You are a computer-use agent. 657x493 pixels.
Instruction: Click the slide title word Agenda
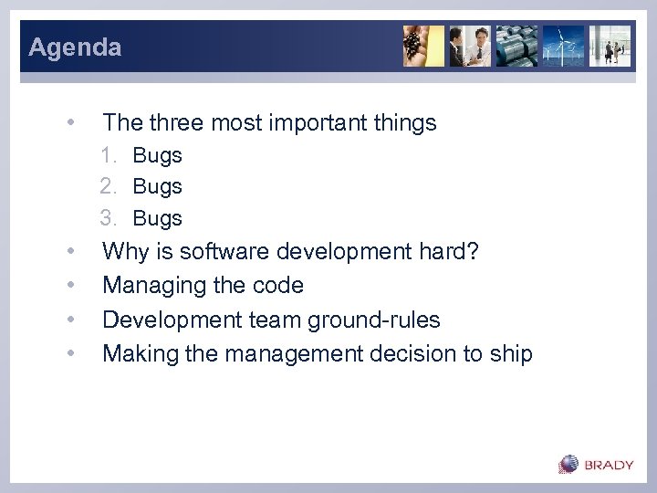click(75, 47)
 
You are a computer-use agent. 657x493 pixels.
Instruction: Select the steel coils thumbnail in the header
click(516, 46)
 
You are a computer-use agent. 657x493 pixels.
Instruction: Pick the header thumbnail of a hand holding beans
click(423, 46)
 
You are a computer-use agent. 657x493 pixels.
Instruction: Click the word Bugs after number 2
click(157, 186)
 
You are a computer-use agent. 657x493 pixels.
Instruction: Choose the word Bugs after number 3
click(157, 218)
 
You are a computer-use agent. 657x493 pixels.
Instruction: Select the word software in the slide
click(223, 250)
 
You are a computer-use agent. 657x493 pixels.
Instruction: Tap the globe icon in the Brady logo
click(569, 464)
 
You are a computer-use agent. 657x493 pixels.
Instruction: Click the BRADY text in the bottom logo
click(609, 465)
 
